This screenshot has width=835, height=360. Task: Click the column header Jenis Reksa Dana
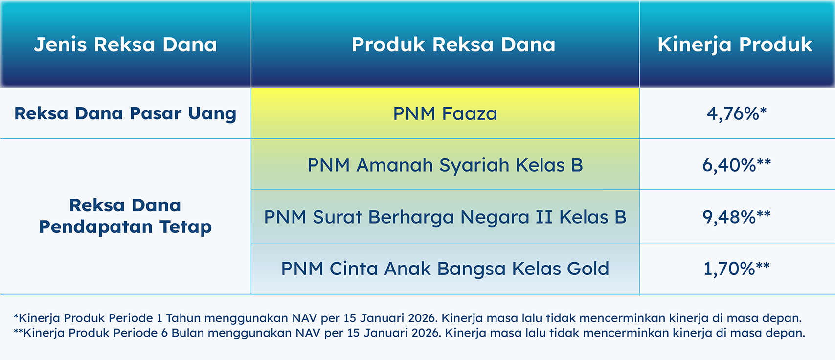tap(125, 45)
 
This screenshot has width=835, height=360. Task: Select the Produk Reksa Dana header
tap(453, 45)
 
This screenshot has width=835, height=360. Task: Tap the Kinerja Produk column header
tap(735, 45)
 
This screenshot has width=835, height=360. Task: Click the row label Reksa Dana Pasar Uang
tap(125, 114)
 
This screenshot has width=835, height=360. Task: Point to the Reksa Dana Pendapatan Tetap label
tap(125, 216)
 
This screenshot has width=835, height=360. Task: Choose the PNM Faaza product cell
tap(445, 113)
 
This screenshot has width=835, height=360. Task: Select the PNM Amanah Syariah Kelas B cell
tap(445, 165)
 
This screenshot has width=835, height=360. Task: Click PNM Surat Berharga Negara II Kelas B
tap(445, 217)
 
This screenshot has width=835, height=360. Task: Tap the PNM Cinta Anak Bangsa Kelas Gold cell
tap(445, 269)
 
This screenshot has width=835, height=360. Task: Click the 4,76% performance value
tap(737, 113)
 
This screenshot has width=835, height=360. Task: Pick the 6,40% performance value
tap(737, 165)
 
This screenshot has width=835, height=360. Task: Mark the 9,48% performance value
tap(737, 217)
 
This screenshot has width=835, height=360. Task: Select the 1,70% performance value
tap(737, 269)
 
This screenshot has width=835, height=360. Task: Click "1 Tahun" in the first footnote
tap(178, 318)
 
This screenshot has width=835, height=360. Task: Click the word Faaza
tap(469, 113)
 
